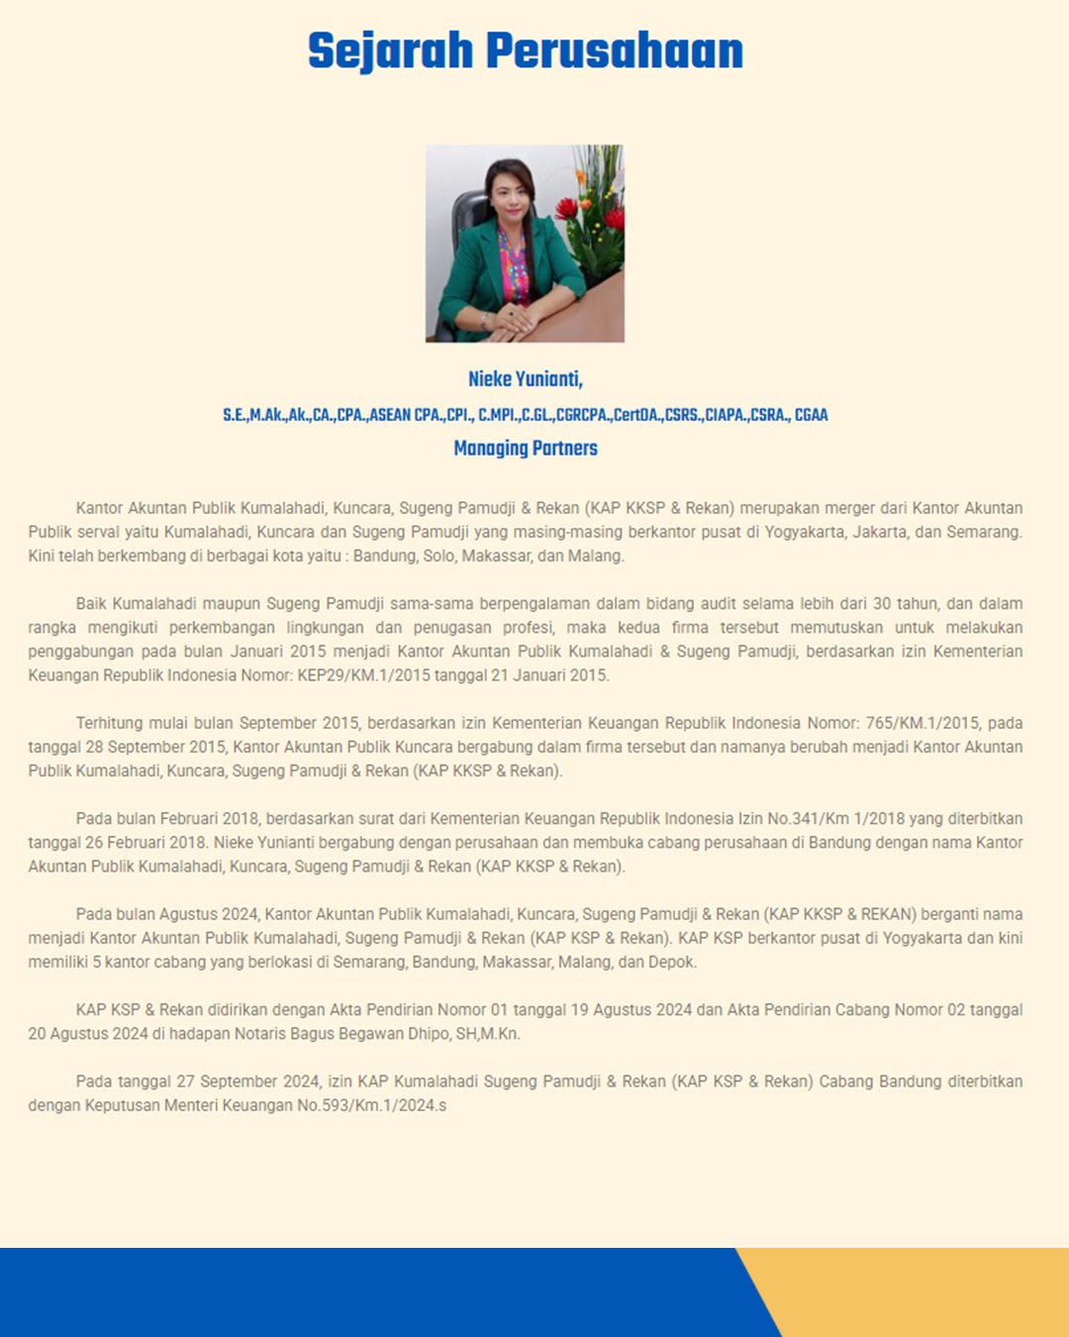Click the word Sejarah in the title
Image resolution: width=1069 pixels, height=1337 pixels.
390,51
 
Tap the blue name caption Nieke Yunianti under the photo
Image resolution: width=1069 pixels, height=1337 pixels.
525,379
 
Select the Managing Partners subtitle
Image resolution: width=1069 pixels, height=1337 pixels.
525,449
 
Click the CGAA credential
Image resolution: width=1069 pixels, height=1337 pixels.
811,415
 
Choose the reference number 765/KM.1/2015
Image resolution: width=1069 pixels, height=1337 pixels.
923,723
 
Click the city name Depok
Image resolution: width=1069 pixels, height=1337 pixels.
673,962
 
